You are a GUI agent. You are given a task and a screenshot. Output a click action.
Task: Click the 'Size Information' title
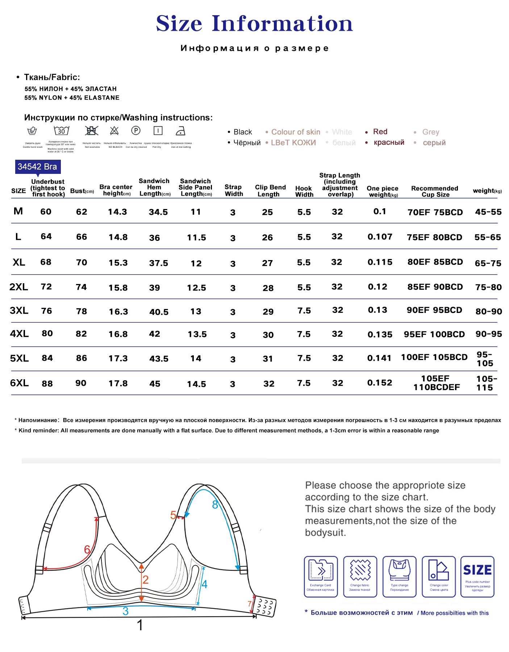click(x=254, y=24)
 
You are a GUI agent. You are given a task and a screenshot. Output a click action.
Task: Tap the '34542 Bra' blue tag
click(x=37, y=167)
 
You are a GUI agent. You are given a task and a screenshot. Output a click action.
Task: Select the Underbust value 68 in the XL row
click(x=46, y=262)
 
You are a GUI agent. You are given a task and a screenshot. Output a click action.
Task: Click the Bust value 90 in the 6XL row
click(x=81, y=383)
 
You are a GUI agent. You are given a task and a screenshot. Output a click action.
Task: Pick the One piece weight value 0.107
click(x=380, y=237)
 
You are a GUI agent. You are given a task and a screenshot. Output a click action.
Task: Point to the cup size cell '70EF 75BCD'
click(x=435, y=212)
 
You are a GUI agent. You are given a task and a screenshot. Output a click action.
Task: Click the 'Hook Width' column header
click(x=304, y=191)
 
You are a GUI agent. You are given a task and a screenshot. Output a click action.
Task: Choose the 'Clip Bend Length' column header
click(x=270, y=191)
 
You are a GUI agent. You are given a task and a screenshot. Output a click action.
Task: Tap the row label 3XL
click(x=19, y=310)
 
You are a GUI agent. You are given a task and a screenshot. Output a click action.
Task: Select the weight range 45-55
click(x=488, y=212)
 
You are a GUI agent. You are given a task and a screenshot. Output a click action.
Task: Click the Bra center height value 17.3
click(x=118, y=358)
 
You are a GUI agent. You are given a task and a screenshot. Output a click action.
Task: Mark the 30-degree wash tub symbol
click(x=61, y=131)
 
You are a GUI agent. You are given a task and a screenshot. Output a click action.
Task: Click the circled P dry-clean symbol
click(x=136, y=130)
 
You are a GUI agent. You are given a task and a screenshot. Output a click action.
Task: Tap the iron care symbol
click(x=180, y=131)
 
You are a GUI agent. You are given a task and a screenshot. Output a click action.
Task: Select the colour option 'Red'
click(x=380, y=131)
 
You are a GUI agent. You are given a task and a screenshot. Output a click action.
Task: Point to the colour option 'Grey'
click(x=430, y=132)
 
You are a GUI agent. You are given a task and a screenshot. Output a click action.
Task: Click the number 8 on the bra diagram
click(x=215, y=505)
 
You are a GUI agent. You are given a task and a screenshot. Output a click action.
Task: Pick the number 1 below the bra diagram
click(x=140, y=625)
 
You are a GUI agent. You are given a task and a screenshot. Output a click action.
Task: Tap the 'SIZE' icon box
click(x=477, y=576)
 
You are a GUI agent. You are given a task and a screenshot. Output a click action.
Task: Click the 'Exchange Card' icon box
click(x=321, y=576)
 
